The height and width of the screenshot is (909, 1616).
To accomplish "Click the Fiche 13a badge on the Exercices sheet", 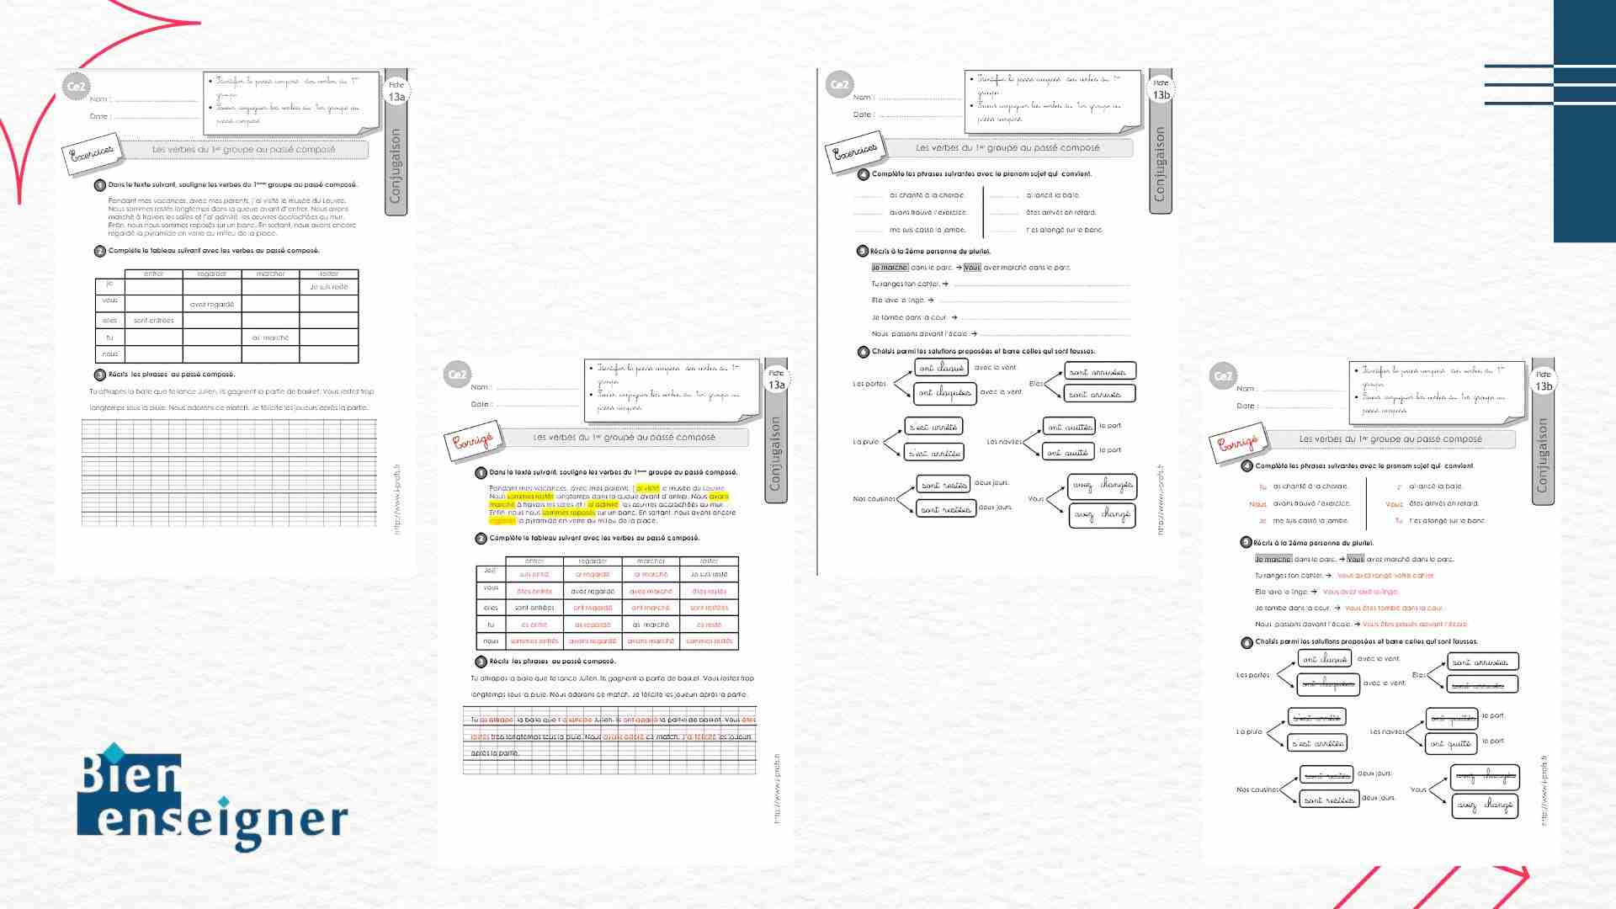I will (396, 91).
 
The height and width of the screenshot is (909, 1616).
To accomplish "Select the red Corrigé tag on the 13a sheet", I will (472, 442).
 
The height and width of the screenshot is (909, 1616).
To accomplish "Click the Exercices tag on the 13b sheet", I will (855, 152).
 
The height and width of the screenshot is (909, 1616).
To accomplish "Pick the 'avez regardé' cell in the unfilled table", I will (212, 305).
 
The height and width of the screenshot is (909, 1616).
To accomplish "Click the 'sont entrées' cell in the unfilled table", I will (153, 321).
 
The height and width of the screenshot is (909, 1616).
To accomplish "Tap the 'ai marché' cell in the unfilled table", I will (270, 338).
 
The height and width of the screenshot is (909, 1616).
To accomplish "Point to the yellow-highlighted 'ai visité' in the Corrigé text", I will (647, 488).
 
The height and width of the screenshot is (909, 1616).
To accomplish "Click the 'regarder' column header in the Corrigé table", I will (593, 561).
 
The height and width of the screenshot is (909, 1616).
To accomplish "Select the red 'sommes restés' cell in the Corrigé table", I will (709, 641).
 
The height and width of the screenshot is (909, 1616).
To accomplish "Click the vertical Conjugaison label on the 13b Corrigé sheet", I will (1542, 455).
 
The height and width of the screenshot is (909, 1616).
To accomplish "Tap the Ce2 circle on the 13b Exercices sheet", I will (839, 84).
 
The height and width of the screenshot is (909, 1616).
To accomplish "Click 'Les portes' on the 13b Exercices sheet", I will (869, 384).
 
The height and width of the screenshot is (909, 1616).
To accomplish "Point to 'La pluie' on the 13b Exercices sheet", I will (865, 442).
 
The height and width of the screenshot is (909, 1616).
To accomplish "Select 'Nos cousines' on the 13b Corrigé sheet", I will (1257, 789).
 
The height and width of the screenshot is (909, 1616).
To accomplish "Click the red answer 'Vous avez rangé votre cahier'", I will (1385, 576).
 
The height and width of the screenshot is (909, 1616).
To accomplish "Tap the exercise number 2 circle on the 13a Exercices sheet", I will (100, 251).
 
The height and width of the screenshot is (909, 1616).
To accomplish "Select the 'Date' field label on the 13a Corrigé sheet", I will (480, 404).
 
